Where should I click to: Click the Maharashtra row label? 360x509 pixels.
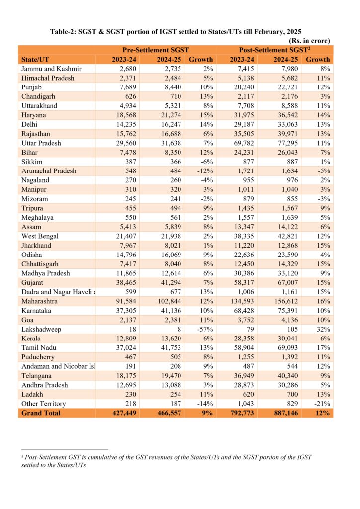[39, 301]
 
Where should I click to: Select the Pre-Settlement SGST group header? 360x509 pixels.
[156, 50]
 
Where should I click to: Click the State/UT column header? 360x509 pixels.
[35, 60]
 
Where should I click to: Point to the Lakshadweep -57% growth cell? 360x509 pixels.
[205, 329]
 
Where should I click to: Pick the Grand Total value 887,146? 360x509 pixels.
[284, 413]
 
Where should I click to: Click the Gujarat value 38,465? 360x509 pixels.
[126, 283]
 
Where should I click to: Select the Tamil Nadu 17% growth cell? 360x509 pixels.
[323, 347]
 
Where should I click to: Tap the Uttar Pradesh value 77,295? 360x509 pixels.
[287, 143]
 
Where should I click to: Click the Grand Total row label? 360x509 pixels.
[41, 413]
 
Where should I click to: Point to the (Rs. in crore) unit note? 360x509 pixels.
[309, 41]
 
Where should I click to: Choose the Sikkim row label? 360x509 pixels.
[32, 162]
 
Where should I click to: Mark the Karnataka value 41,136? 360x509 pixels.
[171, 311]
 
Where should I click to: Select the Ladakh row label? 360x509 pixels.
[32, 394]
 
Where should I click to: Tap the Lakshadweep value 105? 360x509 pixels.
[292, 329]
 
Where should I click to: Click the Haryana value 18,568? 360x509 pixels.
[126, 115]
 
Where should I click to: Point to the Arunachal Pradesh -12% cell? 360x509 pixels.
[205, 171]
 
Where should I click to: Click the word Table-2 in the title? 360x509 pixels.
[63, 32]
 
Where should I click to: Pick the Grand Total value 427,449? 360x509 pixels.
[124, 413]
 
